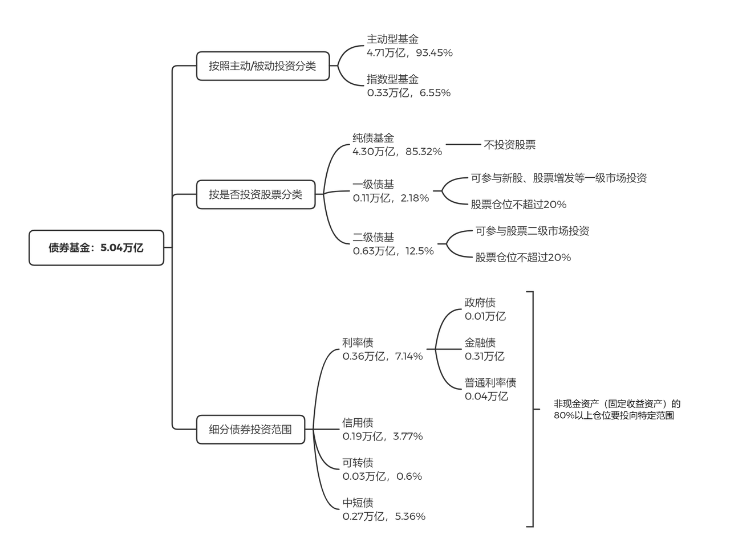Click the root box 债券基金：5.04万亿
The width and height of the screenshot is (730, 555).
(96, 248)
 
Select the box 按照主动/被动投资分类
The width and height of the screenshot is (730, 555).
(262, 66)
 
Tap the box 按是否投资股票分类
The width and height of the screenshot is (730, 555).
(255, 195)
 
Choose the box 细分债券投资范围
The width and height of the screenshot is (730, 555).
(250, 430)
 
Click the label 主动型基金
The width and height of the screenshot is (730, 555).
(392, 39)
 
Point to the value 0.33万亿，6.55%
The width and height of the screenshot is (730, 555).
(408, 93)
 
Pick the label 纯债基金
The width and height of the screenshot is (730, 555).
(373, 138)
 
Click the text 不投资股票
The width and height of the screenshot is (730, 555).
(509, 145)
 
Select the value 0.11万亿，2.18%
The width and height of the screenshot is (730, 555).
(391, 198)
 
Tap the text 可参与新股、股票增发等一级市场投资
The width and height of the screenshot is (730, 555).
(558, 178)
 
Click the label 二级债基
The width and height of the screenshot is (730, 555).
(373, 237)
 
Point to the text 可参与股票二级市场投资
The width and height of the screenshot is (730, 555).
(532, 231)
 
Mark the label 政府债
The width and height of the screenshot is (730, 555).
(480, 303)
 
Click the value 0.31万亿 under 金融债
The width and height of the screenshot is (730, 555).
(484, 356)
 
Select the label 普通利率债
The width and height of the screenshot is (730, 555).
(490, 382)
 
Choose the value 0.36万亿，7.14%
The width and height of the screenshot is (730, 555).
(382, 356)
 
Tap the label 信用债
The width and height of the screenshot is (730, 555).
(358, 422)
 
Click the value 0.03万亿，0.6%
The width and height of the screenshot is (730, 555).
(382, 476)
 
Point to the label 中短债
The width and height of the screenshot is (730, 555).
(358, 503)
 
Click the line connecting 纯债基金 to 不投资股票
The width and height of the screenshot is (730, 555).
(463, 145)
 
